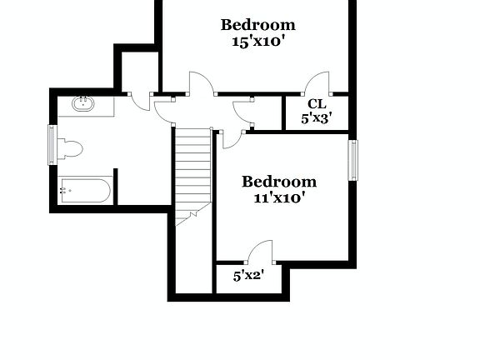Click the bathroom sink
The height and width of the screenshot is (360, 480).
coord(82,105)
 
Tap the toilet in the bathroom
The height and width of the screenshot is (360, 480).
coord(70,149)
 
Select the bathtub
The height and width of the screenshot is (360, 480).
coord(85,191)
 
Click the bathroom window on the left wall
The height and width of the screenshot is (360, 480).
coord(52,144)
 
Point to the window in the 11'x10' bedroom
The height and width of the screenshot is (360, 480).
coord(352,160)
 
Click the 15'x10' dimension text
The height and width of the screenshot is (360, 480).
coord(258,41)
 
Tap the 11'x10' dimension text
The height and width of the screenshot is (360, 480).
coord(279,198)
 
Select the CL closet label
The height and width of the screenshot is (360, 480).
coord(316,104)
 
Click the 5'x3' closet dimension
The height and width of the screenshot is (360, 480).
coord(317,118)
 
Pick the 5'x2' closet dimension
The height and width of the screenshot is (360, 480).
coord(248,275)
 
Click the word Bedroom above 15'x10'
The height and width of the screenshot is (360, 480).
coord(258,25)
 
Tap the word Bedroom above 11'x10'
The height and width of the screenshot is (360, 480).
coord(279,182)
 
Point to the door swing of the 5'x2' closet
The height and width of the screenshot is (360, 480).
coord(262,251)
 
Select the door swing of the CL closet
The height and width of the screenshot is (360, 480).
coord(317,82)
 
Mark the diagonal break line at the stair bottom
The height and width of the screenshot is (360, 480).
coord(188,218)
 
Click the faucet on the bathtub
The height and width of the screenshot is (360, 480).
coord(65,191)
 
